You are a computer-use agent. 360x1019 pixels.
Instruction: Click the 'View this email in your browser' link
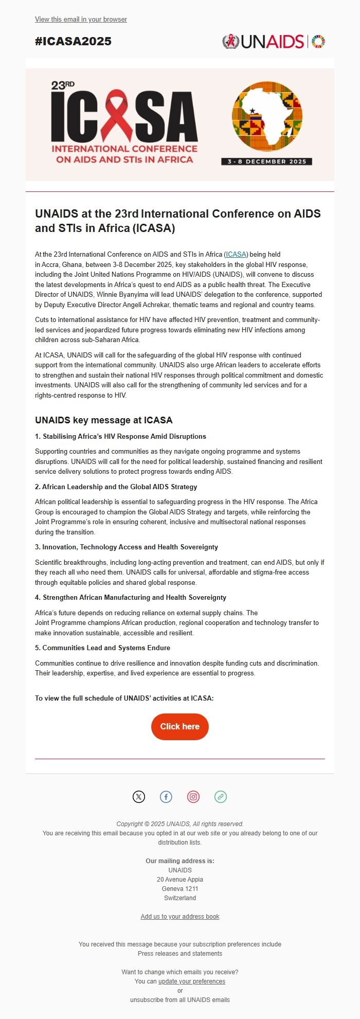(x=81, y=20)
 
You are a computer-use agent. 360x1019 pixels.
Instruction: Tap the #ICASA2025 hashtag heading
(x=73, y=42)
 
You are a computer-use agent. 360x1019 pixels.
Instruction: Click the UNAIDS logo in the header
(x=273, y=42)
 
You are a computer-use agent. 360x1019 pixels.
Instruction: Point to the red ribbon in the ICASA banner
(x=116, y=116)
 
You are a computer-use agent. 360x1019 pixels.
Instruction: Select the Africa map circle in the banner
(x=267, y=115)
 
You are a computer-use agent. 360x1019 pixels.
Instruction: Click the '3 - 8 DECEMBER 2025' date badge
(x=267, y=162)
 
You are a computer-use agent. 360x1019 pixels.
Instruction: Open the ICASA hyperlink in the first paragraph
(x=237, y=255)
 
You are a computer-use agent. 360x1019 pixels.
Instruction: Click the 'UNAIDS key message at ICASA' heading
(x=103, y=420)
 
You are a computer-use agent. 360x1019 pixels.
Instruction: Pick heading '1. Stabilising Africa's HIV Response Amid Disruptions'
(x=120, y=437)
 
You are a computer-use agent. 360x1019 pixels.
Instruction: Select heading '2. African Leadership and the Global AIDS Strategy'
(x=116, y=487)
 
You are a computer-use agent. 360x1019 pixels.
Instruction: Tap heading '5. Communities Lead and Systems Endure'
(x=102, y=648)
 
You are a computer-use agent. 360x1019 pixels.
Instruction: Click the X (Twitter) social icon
(x=139, y=797)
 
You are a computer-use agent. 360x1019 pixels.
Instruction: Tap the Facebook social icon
(x=166, y=797)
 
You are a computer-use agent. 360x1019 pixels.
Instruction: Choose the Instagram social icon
(x=193, y=797)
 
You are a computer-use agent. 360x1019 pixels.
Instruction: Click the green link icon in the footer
(x=221, y=797)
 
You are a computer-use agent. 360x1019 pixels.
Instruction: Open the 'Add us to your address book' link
(x=180, y=917)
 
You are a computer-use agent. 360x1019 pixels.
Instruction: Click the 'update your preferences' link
(x=192, y=981)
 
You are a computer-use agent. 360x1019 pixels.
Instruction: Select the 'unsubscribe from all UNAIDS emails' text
(x=180, y=1000)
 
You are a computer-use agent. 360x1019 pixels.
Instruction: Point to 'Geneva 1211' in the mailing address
(x=180, y=889)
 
